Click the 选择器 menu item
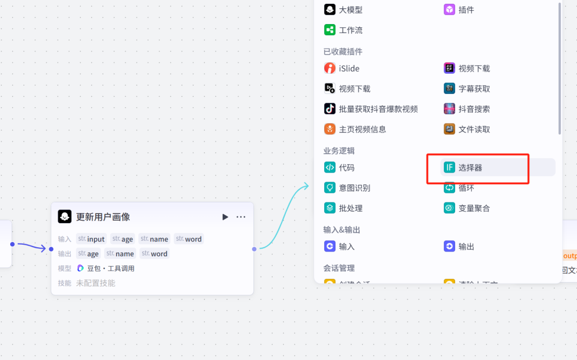click(x=470, y=168)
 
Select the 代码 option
click(x=346, y=168)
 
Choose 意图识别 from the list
click(x=354, y=188)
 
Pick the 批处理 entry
click(x=350, y=208)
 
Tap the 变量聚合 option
click(x=474, y=208)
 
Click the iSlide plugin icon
click(x=330, y=68)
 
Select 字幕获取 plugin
click(x=474, y=89)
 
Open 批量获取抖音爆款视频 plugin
click(x=378, y=109)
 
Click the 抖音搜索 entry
click(x=474, y=109)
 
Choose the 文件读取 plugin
click(x=474, y=129)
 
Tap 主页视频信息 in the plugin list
click(x=362, y=129)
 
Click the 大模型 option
click(x=350, y=10)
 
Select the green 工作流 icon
click(x=330, y=30)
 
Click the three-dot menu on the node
click(x=241, y=217)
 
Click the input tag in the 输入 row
click(x=91, y=239)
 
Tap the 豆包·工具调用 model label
click(x=111, y=268)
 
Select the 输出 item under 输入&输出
click(x=466, y=247)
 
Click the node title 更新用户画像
click(x=103, y=217)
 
